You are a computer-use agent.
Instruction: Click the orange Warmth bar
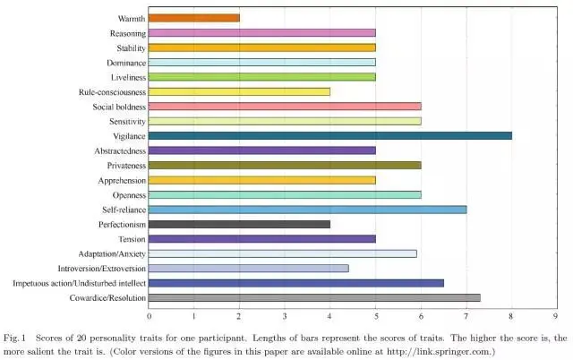pyautogui.click(x=193, y=18)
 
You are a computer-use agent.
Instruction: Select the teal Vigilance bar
pyautogui.click(x=329, y=135)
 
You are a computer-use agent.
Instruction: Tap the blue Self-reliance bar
pyautogui.click(x=307, y=209)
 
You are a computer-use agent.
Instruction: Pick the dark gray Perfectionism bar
pyautogui.click(x=239, y=224)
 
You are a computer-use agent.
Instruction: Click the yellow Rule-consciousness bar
pyautogui.click(x=239, y=91)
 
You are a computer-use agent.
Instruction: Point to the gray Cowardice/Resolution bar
pyautogui.click(x=314, y=297)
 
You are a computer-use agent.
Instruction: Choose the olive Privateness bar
pyautogui.click(x=285, y=165)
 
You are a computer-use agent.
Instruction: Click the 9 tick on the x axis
pyautogui.click(x=556, y=315)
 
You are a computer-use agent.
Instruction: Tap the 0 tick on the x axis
pyautogui.click(x=149, y=315)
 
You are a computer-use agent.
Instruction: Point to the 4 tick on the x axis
pyautogui.click(x=329, y=315)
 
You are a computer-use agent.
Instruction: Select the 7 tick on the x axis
pyautogui.click(x=466, y=315)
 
